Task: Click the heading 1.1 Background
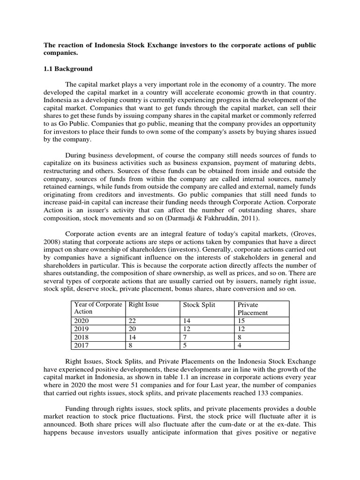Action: pyautogui.click(x=68, y=69)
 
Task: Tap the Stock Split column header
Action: pyautogui.click(x=200, y=305)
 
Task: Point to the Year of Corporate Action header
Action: pyautogui.click(x=97, y=308)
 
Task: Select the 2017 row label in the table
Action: pyautogui.click(x=82, y=345)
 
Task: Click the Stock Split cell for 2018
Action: pyautogui.click(x=186, y=337)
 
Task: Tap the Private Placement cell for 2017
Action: pyautogui.click(x=240, y=345)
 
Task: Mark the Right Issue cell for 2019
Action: pyautogui.click(x=132, y=329)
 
